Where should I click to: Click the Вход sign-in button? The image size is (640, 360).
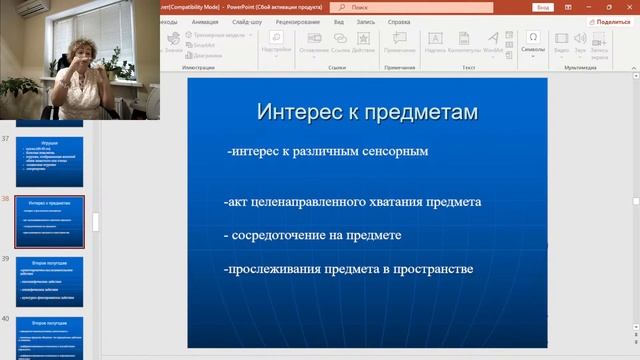[x=543, y=6]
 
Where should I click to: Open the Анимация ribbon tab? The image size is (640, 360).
[x=205, y=20]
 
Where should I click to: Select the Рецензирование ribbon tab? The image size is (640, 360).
[x=299, y=20]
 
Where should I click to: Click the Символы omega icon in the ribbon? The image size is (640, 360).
[x=533, y=39]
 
